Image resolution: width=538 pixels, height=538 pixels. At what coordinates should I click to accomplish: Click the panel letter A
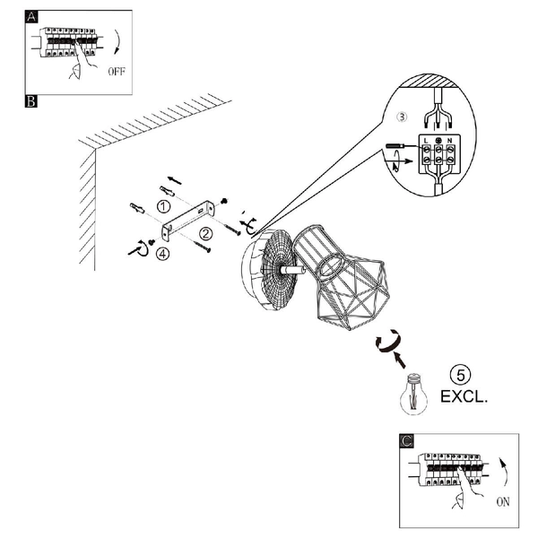tap(31, 16)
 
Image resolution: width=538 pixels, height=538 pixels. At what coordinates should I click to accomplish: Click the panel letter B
tap(30, 101)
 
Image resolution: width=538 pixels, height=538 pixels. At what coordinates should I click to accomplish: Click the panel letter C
tap(406, 441)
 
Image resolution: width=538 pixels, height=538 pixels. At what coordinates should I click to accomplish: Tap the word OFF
tap(117, 72)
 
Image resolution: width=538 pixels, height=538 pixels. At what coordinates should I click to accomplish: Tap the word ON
tap(503, 502)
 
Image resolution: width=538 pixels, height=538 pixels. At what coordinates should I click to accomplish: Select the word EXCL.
tap(464, 396)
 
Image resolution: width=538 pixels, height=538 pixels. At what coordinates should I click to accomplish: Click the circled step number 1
tap(164, 206)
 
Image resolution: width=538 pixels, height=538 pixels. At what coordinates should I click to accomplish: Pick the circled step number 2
tap(206, 234)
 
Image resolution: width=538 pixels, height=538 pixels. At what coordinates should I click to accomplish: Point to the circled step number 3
tap(402, 117)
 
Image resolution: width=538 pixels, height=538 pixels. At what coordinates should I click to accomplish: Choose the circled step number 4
tap(162, 254)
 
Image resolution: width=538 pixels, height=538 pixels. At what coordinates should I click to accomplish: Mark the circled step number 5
tap(461, 375)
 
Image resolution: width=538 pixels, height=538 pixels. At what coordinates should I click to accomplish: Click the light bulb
tap(413, 394)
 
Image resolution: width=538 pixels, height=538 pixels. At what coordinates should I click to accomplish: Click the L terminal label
tap(426, 141)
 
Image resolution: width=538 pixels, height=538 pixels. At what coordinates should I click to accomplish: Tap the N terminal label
tap(450, 141)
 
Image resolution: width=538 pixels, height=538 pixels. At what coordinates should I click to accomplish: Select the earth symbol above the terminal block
tap(438, 141)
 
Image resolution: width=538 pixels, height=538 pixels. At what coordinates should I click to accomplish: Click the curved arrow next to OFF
tap(119, 42)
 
